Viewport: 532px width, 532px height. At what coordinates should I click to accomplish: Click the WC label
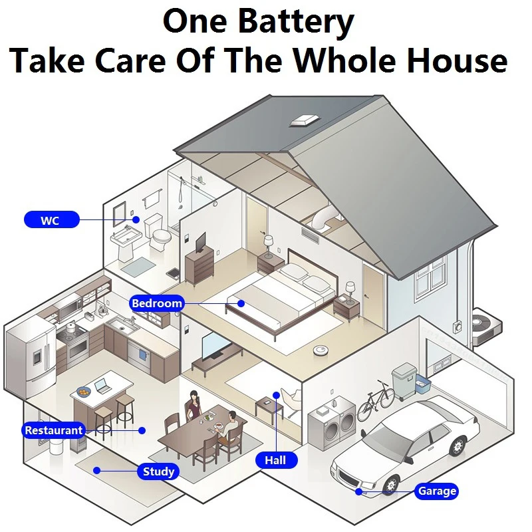tap(51, 219)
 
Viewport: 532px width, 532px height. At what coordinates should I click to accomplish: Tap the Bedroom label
tap(156, 304)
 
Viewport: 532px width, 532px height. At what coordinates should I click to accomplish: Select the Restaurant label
tap(54, 430)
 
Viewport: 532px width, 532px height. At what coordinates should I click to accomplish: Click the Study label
tap(158, 471)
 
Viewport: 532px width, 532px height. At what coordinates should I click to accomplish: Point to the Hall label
tap(275, 460)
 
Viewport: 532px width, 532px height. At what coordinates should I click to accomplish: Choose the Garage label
tap(436, 491)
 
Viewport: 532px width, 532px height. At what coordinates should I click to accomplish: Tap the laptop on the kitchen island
tap(102, 385)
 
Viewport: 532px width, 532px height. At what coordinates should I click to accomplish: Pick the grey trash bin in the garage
tap(404, 381)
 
